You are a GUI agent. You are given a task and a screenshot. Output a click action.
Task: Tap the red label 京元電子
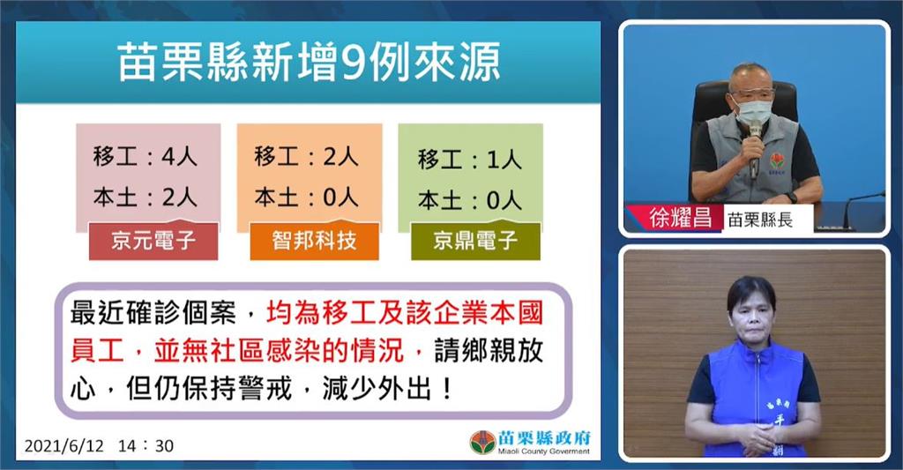pos(153,241)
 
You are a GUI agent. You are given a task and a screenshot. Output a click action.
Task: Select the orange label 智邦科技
pos(315,241)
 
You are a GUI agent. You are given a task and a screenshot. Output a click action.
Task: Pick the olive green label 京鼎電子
pos(475,241)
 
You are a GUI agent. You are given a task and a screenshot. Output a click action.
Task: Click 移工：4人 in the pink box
pos(146,157)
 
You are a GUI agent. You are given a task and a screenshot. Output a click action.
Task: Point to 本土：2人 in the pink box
pos(146,198)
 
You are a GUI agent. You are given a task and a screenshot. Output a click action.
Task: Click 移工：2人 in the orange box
pos(306,157)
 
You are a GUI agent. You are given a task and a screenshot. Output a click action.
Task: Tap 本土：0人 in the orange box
pos(306,198)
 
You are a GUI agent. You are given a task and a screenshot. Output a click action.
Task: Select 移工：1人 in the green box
pos(470,160)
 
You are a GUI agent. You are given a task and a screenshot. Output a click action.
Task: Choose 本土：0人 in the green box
pos(470,200)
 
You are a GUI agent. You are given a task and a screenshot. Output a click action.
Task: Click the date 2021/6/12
pos(63,446)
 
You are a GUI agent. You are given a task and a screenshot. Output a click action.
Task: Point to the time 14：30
pos(146,446)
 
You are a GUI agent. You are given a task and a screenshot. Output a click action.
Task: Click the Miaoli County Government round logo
pos(482,443)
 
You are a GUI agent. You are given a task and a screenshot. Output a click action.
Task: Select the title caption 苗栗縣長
pos(760,220)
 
